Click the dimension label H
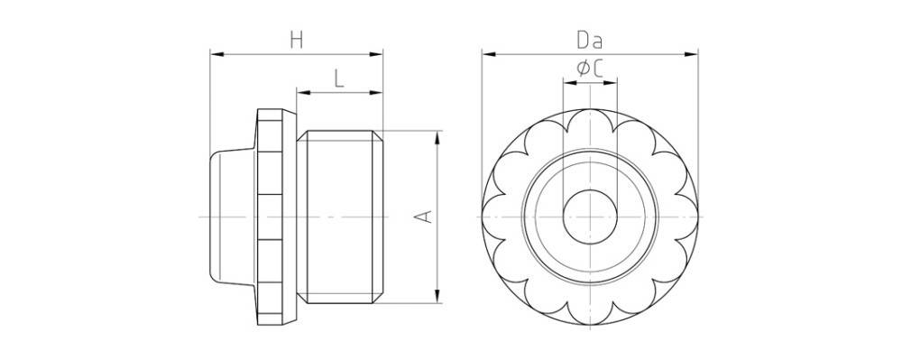coord(296,41)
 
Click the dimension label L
coord(339,78)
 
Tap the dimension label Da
coord(590,41)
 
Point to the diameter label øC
coord(590,69)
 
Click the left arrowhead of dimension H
coord(216,54)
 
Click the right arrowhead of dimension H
coord(376,54)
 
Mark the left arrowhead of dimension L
coord(303,93)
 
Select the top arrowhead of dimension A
coord(437,137)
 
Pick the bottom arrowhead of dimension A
coord(437,296)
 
